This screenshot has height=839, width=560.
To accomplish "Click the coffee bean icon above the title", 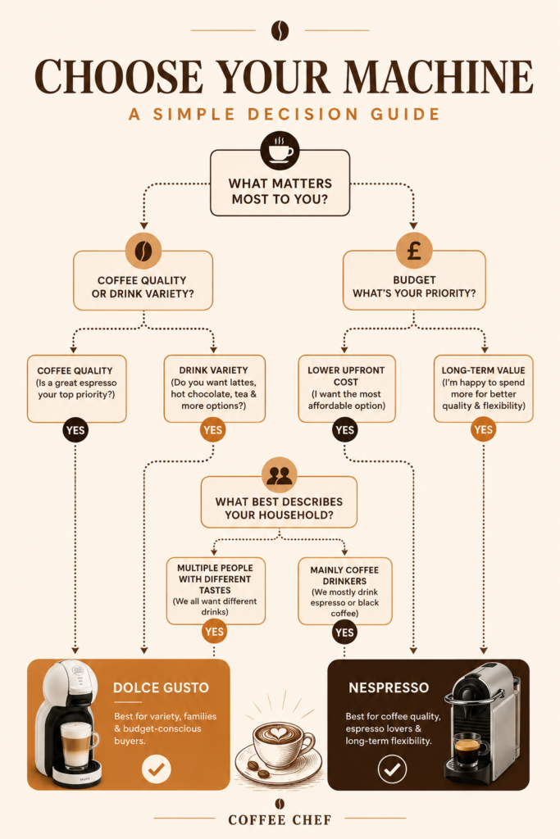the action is [x=280, y=30].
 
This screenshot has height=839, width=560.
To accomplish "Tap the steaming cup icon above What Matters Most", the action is [x=280, y=151].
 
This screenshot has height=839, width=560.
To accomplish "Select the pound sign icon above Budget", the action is [x=414, y=251].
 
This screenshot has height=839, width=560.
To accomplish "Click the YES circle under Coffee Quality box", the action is [x=75, y=430].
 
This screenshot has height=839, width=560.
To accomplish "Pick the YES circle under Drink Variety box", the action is [x=212, y=430].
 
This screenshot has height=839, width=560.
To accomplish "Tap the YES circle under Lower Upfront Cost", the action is [x=345, y=429].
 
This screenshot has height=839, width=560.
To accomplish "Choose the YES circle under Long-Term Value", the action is [x=484, y=429].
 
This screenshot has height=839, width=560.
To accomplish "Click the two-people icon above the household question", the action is [x=279, y=475].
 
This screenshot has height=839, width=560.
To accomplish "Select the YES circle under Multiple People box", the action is [x=214, y=632].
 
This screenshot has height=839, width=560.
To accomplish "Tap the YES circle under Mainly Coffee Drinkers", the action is [x=344, y=633].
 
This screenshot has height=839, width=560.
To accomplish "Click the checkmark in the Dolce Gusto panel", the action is [x=157, y=769].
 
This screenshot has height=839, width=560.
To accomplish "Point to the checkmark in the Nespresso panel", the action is [x=393, y=769].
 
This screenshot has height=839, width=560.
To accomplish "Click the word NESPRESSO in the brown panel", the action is [x=389, y=687].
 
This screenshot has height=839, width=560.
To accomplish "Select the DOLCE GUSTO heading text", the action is [x=161, y=687].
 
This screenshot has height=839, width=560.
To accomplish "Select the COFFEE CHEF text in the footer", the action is [x=280, y=819].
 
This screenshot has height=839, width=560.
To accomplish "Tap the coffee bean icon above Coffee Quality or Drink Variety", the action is [x=143, y=251].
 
